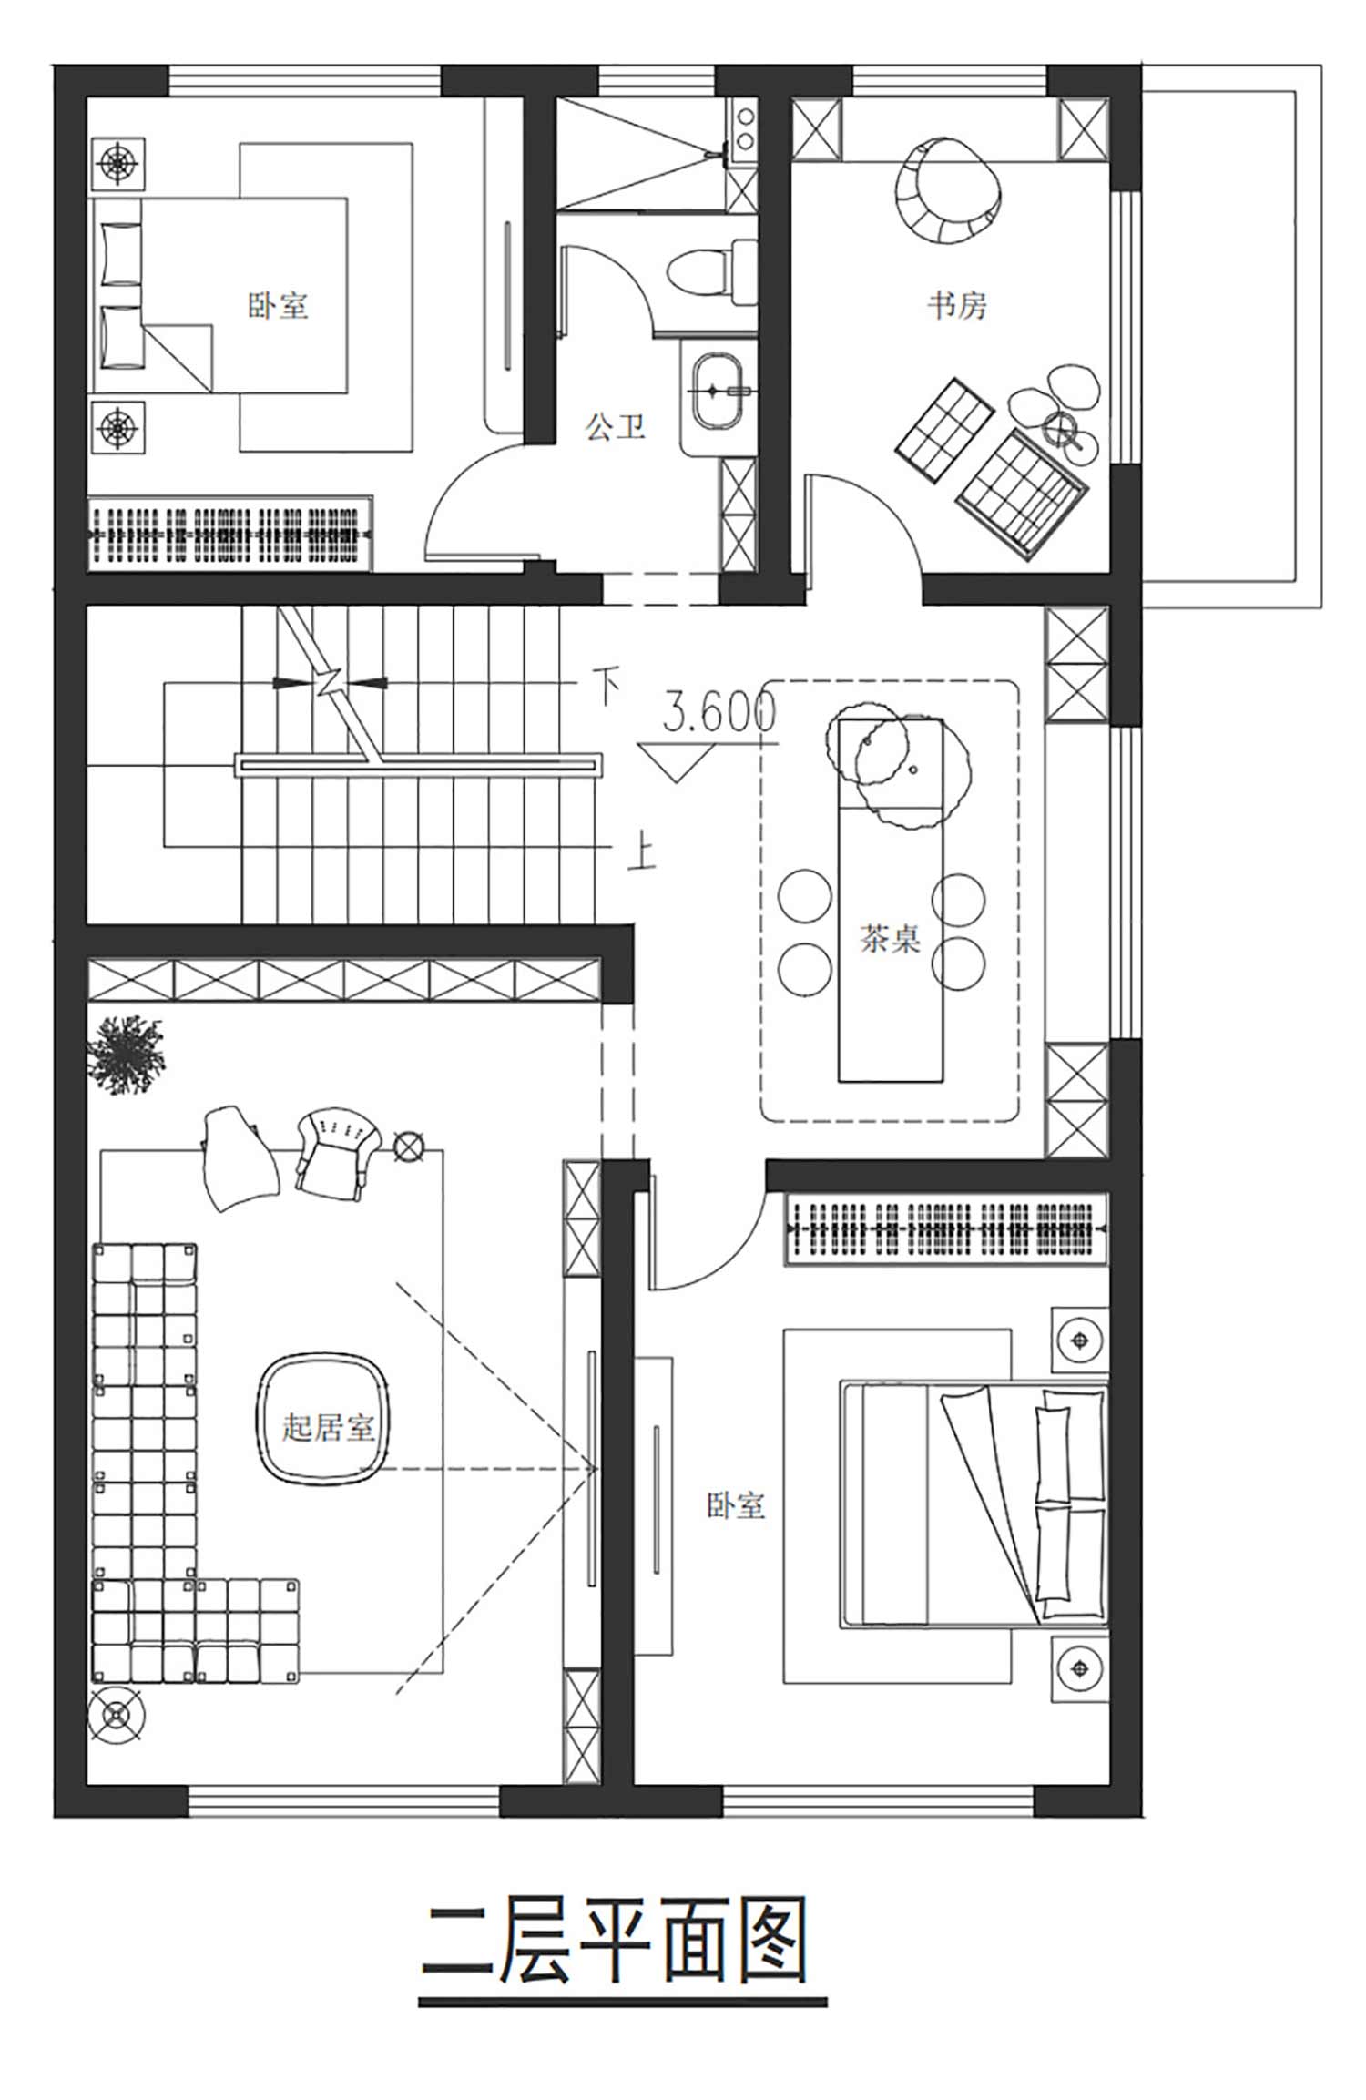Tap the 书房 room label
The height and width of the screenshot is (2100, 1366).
pyautogui.click(x=957, y=305)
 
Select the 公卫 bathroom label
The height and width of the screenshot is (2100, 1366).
pyautogui.click(x=615, y=425)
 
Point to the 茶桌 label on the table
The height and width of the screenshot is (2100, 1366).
pyautogui.click(x=890, y=938)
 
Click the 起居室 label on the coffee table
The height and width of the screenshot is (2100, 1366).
pyautogui.click(x=328, y=1426)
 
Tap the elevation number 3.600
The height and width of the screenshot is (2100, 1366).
pyautogui.click(x=719, y=712)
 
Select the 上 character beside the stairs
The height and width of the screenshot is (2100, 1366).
pyautogui.click(x=642, y=853)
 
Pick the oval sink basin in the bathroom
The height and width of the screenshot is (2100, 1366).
pyautogui.click(x=719, y=391)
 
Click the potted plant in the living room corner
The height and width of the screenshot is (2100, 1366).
pyautogui.click(x=126, y=1055)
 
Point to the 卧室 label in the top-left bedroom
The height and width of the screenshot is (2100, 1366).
pyautogui.click(x=278, y=305)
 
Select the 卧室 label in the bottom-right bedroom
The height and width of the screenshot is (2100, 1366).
pyautogui.click(x=736, y=1505)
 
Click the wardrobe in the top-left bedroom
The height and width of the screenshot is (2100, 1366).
pyautogui.click(x=229, y=534)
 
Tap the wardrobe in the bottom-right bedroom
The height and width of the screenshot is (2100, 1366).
pyautogui.click(x=947, y=1228)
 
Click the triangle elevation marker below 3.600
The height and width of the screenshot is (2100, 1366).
pyautogui.click(x=675, y=762)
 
